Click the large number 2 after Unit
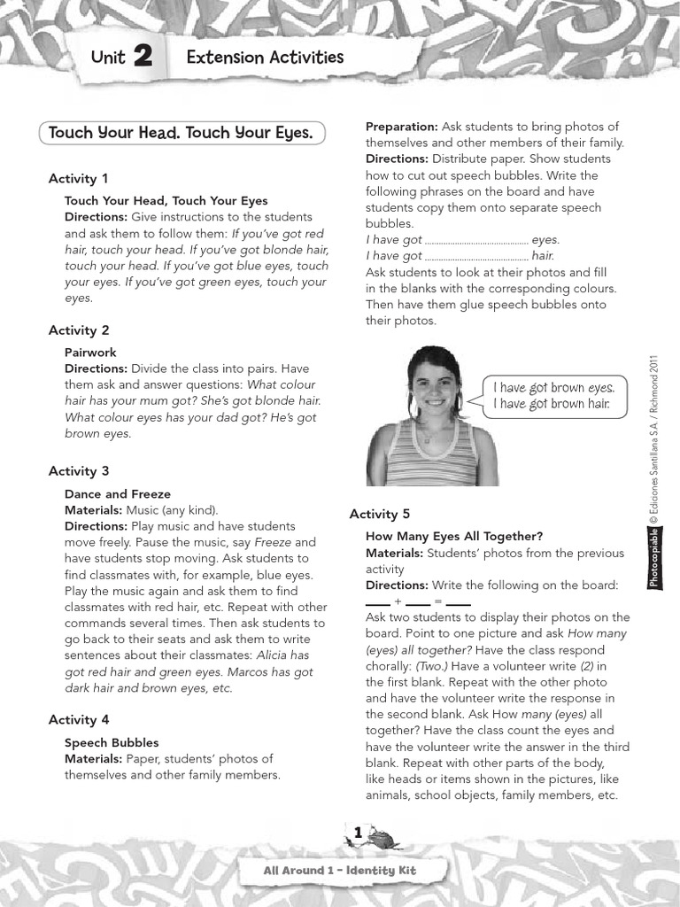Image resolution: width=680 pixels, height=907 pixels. [x=143, y=58]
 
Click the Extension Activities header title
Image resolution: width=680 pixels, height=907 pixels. [x=265, y=58]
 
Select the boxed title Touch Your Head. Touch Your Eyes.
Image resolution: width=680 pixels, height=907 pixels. [x=182, y=133]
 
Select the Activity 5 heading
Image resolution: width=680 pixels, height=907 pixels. [x=380, y=514]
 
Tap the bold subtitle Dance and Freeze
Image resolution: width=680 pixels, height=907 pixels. [x=118, y=494]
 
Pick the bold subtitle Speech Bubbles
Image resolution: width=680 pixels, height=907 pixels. [x=112, y=742]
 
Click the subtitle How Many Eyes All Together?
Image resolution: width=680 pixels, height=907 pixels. [x=454, y=536]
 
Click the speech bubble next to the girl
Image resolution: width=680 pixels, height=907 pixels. [x=552, y=396]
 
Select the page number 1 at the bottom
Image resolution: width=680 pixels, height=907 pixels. [x=358, y=833]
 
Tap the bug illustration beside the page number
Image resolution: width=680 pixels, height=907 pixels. [x=382, y=836]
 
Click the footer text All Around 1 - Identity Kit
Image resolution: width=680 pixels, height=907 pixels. [x=339, y=871]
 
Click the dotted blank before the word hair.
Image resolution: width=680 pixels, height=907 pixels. [x=476, y=256]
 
